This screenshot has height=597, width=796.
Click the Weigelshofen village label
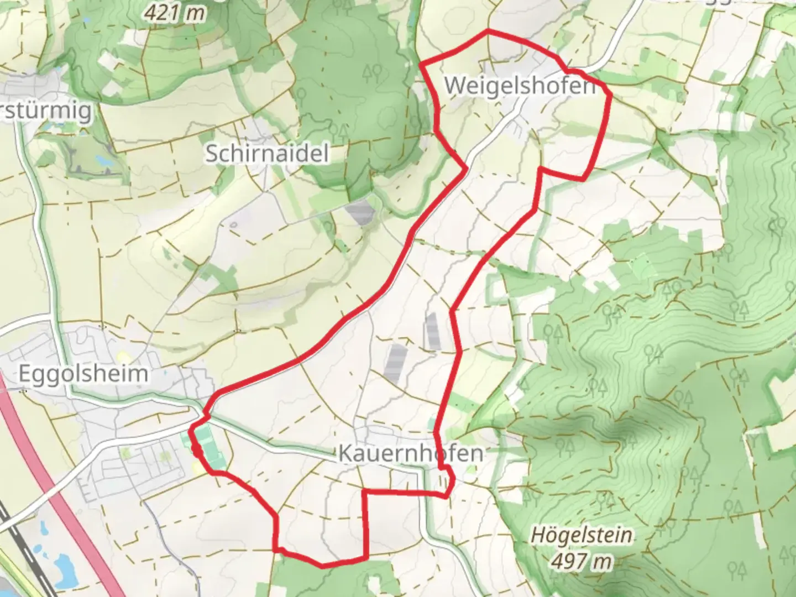click(520, 86)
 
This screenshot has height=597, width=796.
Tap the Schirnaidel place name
click(267, 153)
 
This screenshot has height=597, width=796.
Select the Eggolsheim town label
click(83, 374)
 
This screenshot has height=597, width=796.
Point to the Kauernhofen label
click(410, 453)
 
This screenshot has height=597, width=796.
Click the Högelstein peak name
click(582, 535)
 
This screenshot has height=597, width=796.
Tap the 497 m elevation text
click(582, 561)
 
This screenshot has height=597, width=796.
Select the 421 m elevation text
click(174, 13)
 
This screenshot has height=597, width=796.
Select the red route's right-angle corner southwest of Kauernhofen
click(363, 491)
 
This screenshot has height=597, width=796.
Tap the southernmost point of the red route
click(322, 565)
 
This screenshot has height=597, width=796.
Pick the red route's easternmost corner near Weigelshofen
click(610, 95)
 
